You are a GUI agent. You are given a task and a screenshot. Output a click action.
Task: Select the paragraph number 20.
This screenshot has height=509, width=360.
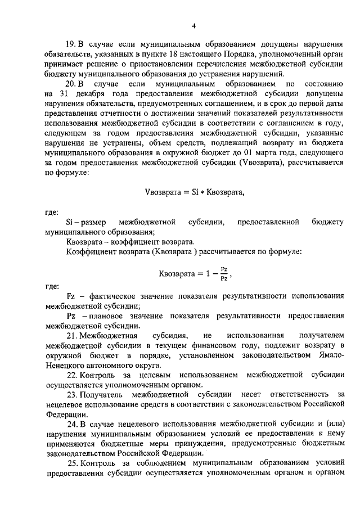coord(71,84)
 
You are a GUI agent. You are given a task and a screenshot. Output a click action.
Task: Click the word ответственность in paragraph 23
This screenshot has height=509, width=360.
coord(294,394)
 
